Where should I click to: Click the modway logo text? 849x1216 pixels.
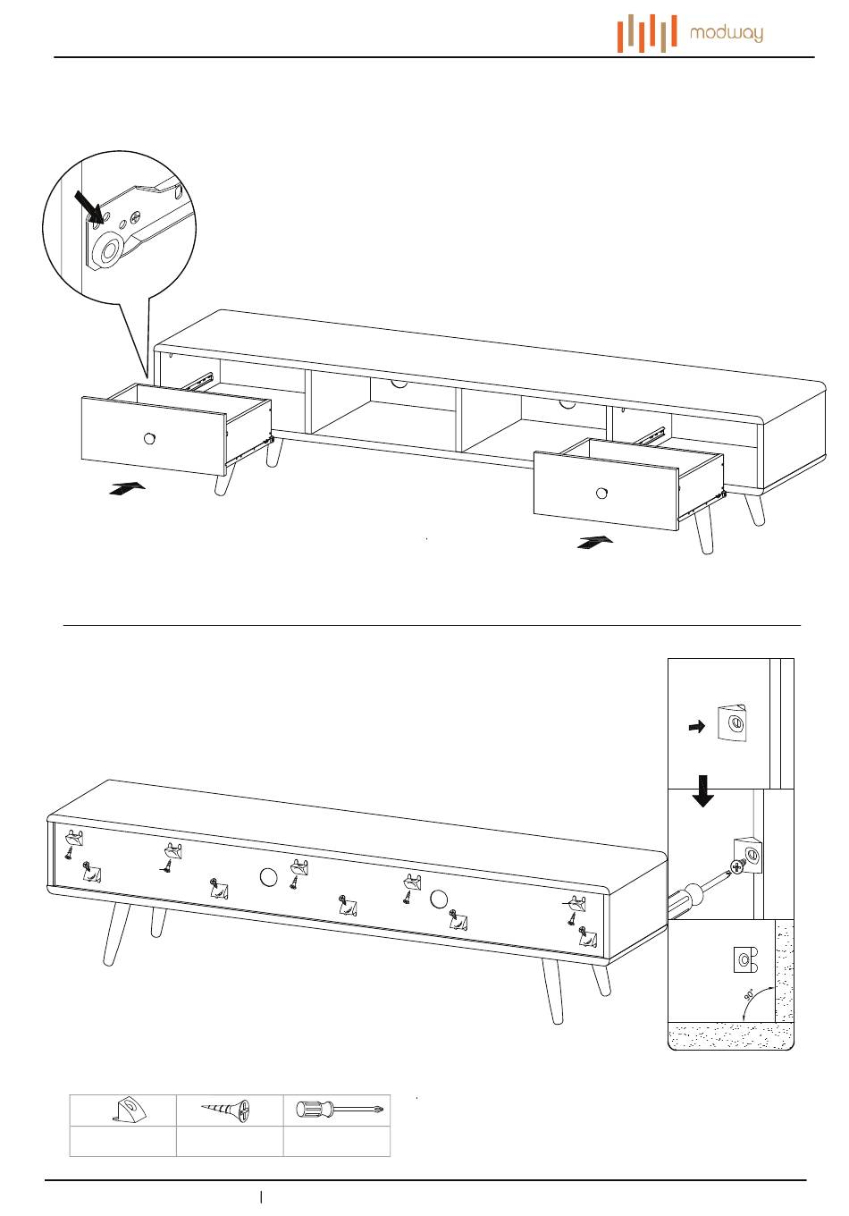[726, 34]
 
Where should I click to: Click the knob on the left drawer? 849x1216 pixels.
[150, 437]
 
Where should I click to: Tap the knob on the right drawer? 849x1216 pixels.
[601, 493]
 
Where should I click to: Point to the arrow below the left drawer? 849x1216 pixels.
[126, 488]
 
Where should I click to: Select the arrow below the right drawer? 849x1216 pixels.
[595, 542]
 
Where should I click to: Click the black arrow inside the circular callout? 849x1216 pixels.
[90, 205]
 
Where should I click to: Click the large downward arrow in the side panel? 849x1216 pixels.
[703, 791]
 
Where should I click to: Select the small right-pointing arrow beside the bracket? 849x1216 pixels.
[696, 728]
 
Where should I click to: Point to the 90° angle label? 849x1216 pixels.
[750, 995]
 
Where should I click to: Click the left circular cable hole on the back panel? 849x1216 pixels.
[268, 877]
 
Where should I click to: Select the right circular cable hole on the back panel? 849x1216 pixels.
[438, 899]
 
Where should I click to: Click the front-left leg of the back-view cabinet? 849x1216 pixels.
[116, 933]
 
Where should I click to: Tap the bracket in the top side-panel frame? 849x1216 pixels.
[730, 722]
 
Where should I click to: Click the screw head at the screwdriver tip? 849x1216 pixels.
[738, 866]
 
